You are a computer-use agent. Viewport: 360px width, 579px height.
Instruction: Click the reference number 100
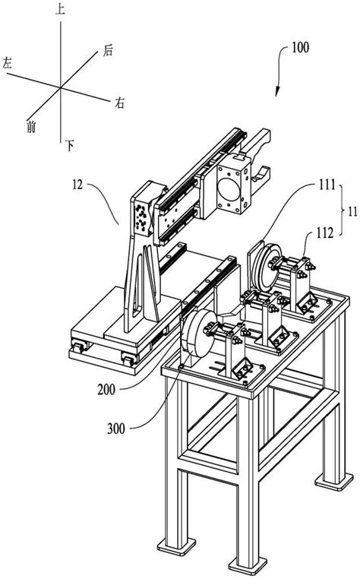[x=300, y=48]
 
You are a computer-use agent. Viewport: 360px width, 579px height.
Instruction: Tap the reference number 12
[x=77, y=184]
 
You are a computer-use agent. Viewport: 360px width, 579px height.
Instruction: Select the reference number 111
[x=327, y=184]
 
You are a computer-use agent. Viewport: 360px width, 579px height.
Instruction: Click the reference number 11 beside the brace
[x=352, y=211]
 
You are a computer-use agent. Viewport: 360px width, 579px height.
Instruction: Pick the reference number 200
[x=106, y=389]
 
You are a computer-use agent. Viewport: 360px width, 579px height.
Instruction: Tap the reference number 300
[x=116, y=429]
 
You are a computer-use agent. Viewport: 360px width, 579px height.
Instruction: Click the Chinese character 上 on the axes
[x=60, y=9]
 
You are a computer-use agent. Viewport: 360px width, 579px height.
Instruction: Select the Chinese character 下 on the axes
[x=69, y=145]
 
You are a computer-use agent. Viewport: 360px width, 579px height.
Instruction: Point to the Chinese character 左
[x=8, y=63]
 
